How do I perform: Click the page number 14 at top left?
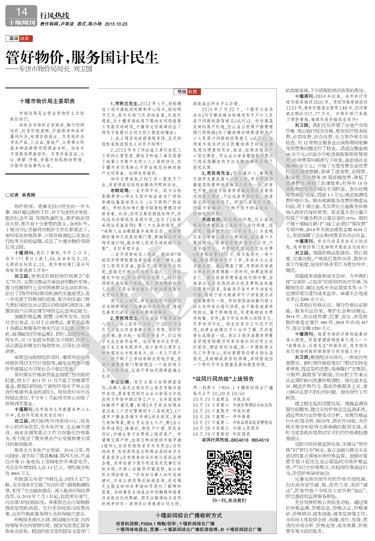pos(22,12)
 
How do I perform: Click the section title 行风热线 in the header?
pos(55,16)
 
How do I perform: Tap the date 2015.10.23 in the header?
pos(116,24)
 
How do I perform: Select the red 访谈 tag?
pos(24,38)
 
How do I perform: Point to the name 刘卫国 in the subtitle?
pos(82,69)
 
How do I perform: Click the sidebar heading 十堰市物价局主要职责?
pos(47,101)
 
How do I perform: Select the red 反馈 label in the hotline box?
pos(192,92)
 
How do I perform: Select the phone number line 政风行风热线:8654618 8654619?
pos(235,440)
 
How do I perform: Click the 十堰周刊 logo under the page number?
pos(21,22)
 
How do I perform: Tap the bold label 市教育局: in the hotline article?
pos(212,220)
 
